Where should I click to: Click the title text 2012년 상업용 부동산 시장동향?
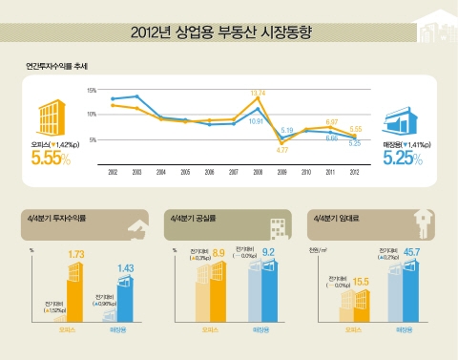[x=228, y=35]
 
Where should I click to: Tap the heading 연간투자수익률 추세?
[x=57, y=68]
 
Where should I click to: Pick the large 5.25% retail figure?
[x=401, y=159]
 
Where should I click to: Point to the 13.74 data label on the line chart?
[x=258, y=93]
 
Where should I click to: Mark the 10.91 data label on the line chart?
[x=256, y=121]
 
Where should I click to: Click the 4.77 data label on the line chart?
[x=282, y=150]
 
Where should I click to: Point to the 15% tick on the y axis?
[x=92, y=90]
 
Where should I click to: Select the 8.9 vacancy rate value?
[x=219, y=254]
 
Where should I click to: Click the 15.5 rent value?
[x=361, y=282]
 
